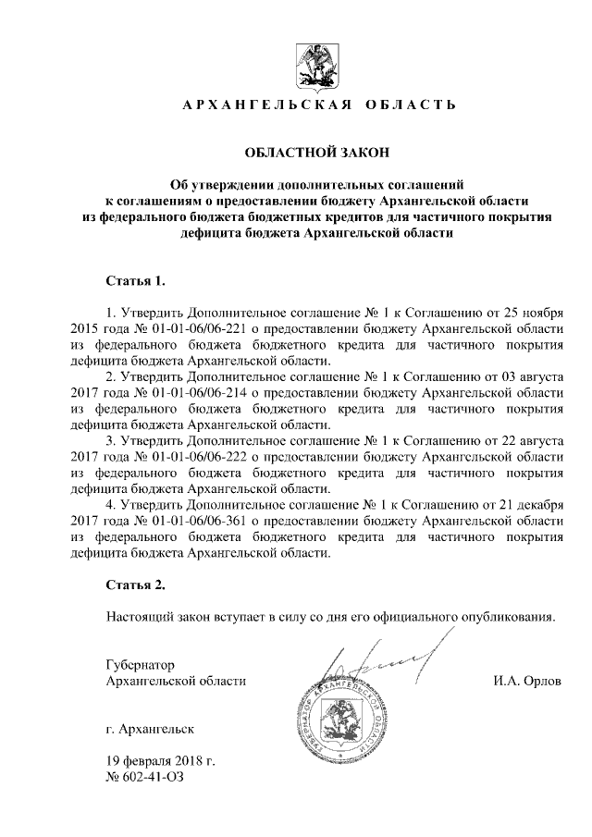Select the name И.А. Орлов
(527, 682)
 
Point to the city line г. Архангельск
(150, 730)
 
